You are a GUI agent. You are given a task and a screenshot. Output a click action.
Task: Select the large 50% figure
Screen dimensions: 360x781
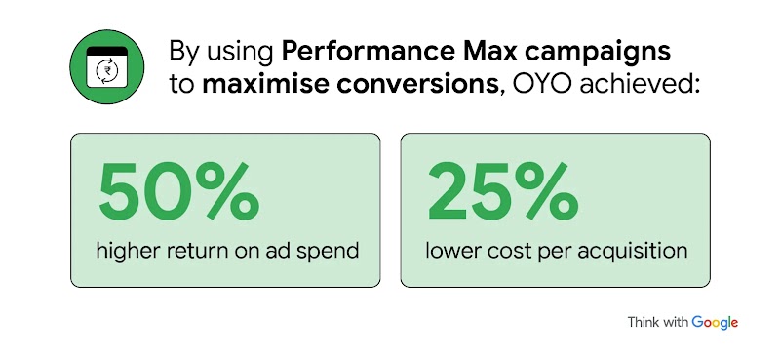(178, 191)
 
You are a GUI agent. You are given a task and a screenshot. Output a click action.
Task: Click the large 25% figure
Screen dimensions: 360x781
(501, 191)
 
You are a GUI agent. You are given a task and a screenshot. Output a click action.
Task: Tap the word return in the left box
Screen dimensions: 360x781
(204, 251)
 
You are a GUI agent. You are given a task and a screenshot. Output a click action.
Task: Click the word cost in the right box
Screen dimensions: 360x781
(511, 251)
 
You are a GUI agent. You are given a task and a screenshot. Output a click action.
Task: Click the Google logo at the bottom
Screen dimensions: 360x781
(715, 323)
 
